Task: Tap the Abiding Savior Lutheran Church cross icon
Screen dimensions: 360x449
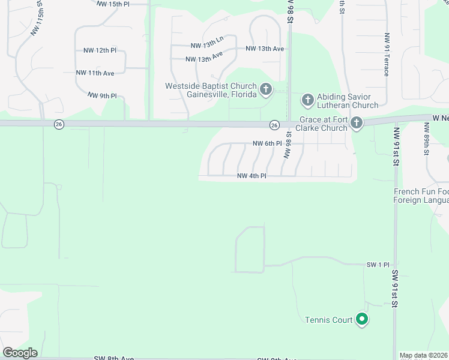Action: click(x=308, y=99)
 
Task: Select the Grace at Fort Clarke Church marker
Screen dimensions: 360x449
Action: click(x=357, y=124)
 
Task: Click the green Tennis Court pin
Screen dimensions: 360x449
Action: click(x=361, y=320)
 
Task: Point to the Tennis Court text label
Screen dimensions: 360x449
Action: click(x=328, y=320)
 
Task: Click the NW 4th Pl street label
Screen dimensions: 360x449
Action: click(x=252, y=176)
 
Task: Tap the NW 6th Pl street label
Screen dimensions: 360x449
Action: click(x=267, y=143)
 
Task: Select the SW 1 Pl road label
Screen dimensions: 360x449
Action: click(x=378, y=265)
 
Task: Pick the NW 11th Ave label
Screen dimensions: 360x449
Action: click(x=95, y=73)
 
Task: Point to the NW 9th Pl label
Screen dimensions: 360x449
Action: click(x=102, y=95)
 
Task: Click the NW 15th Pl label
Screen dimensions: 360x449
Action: click(x=113, y=4)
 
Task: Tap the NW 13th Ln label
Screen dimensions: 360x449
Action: click(x=206, y=43)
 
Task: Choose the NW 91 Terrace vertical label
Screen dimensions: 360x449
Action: click(x=387, y=54)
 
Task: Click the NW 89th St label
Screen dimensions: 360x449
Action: click(x=427, y=139)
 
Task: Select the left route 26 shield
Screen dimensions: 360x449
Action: click(x=58, y=124)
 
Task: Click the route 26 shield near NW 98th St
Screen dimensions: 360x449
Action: click(x=274, y=125)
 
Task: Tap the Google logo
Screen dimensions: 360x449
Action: click(x=20, y=353)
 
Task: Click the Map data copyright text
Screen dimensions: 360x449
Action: click(x=424, y=355)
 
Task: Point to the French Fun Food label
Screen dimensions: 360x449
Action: click(x=421, y=192)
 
